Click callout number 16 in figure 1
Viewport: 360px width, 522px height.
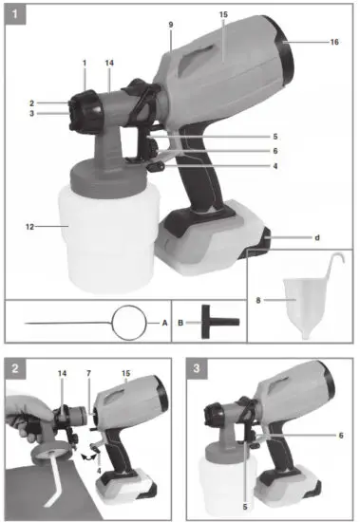[x=333, y=43]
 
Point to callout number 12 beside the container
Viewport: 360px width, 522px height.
[x=29, y=227]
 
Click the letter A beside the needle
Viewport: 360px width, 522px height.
[x=164, y=324]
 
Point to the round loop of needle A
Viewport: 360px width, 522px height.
[x=129, y=323]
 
